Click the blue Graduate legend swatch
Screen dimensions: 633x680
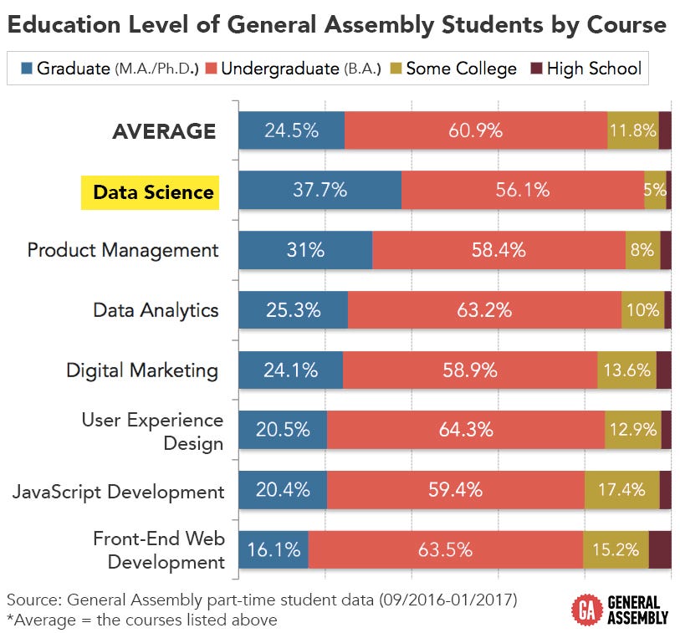coord(24,69)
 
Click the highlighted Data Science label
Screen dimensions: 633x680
coord(153,192)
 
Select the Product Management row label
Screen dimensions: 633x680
coord(123,250)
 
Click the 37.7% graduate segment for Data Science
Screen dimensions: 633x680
coord(320,191)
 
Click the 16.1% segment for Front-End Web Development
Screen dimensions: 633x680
coord(274,550)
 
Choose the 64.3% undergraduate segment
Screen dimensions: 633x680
coord(465,431)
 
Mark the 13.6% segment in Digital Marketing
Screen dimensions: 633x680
coord(626,370)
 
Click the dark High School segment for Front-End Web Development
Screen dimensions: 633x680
coord(659,550)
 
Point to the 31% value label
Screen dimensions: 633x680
coord(304,250)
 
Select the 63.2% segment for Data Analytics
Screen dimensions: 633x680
coord(484,310)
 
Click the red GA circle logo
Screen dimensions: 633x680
coord(583,609)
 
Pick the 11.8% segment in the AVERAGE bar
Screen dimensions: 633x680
coord(632,130)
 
